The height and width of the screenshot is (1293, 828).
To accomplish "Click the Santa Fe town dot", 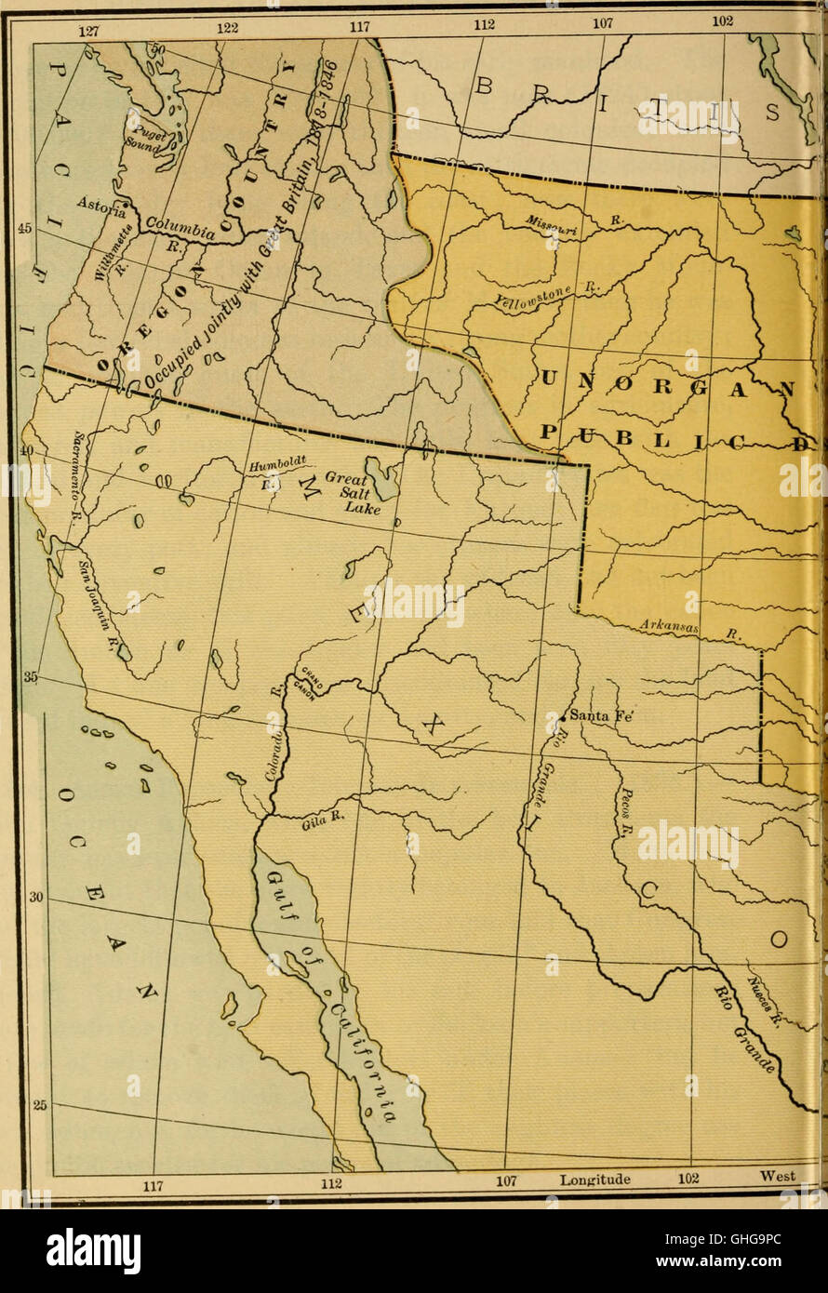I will pos(563,717).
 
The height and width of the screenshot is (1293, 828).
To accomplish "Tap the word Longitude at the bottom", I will pos(595,1180).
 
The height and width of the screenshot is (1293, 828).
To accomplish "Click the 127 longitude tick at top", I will pos(87,30).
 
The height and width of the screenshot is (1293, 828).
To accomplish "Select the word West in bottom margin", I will pos(777,1177).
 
